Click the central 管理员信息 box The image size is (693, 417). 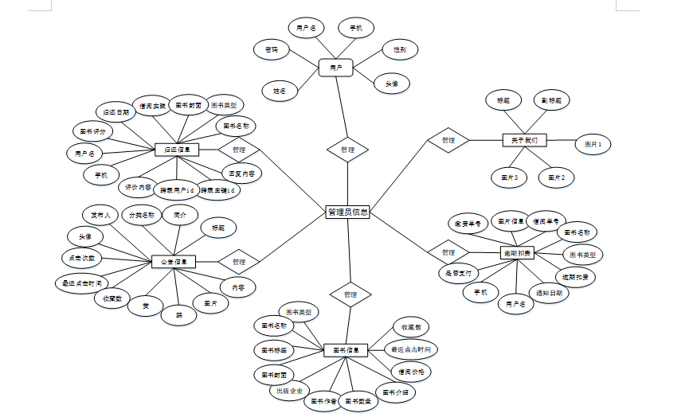pyautogui.click(x=347, y=212)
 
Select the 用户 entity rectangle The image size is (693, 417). pyautogui.click(x=335, y=68)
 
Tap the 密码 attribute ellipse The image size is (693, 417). pyautogui.click(x=272, y=49)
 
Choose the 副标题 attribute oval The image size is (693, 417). pyautogui.click(x=552, y=101)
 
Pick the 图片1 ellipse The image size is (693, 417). pyautogui.click(x=593, y=145)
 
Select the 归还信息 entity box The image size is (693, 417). pyautogui.click(x=175, y=150)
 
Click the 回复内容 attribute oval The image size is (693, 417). pyautogui.click(x=241, y=172)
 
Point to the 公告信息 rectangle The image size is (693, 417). pyautogui.click(x=174, y=261)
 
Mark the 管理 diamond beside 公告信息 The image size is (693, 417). pyautogui.click(x=239, y=261)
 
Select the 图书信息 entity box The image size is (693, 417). pyautogui.click(x=345, y=349)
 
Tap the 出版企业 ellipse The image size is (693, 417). pyautogui.click(x=288, y=391)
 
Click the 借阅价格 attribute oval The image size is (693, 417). pyautogui.click(x=410, y=371)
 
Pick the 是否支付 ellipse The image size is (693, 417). pyautogui.click(x=460, y=273)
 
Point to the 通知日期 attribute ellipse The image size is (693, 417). pyautogui.click(x=553, y=293)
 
